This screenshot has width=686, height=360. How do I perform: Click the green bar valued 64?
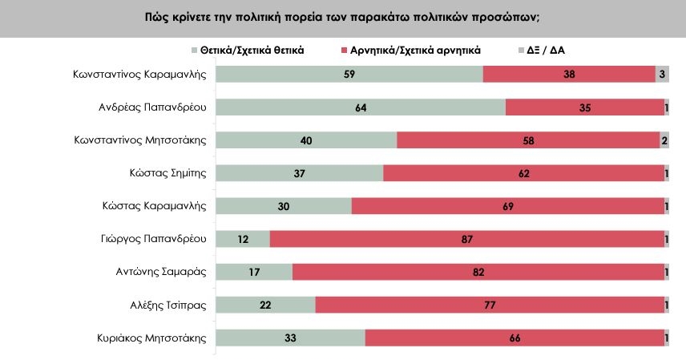coord(361,107)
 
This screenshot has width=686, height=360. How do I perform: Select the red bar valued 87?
coord(466,239)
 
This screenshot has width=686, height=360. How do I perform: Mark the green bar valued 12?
coord(243,239)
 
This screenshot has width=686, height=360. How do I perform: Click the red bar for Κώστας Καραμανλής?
coord(507,206)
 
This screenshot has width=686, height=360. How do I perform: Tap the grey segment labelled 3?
coord(662,74)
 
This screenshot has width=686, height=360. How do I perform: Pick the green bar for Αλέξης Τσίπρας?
coord(266,305)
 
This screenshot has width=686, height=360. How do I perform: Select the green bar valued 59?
coord(349,74)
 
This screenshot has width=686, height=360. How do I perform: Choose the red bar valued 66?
coord(514,338)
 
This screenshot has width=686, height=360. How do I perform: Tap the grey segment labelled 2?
coord(664,140)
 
